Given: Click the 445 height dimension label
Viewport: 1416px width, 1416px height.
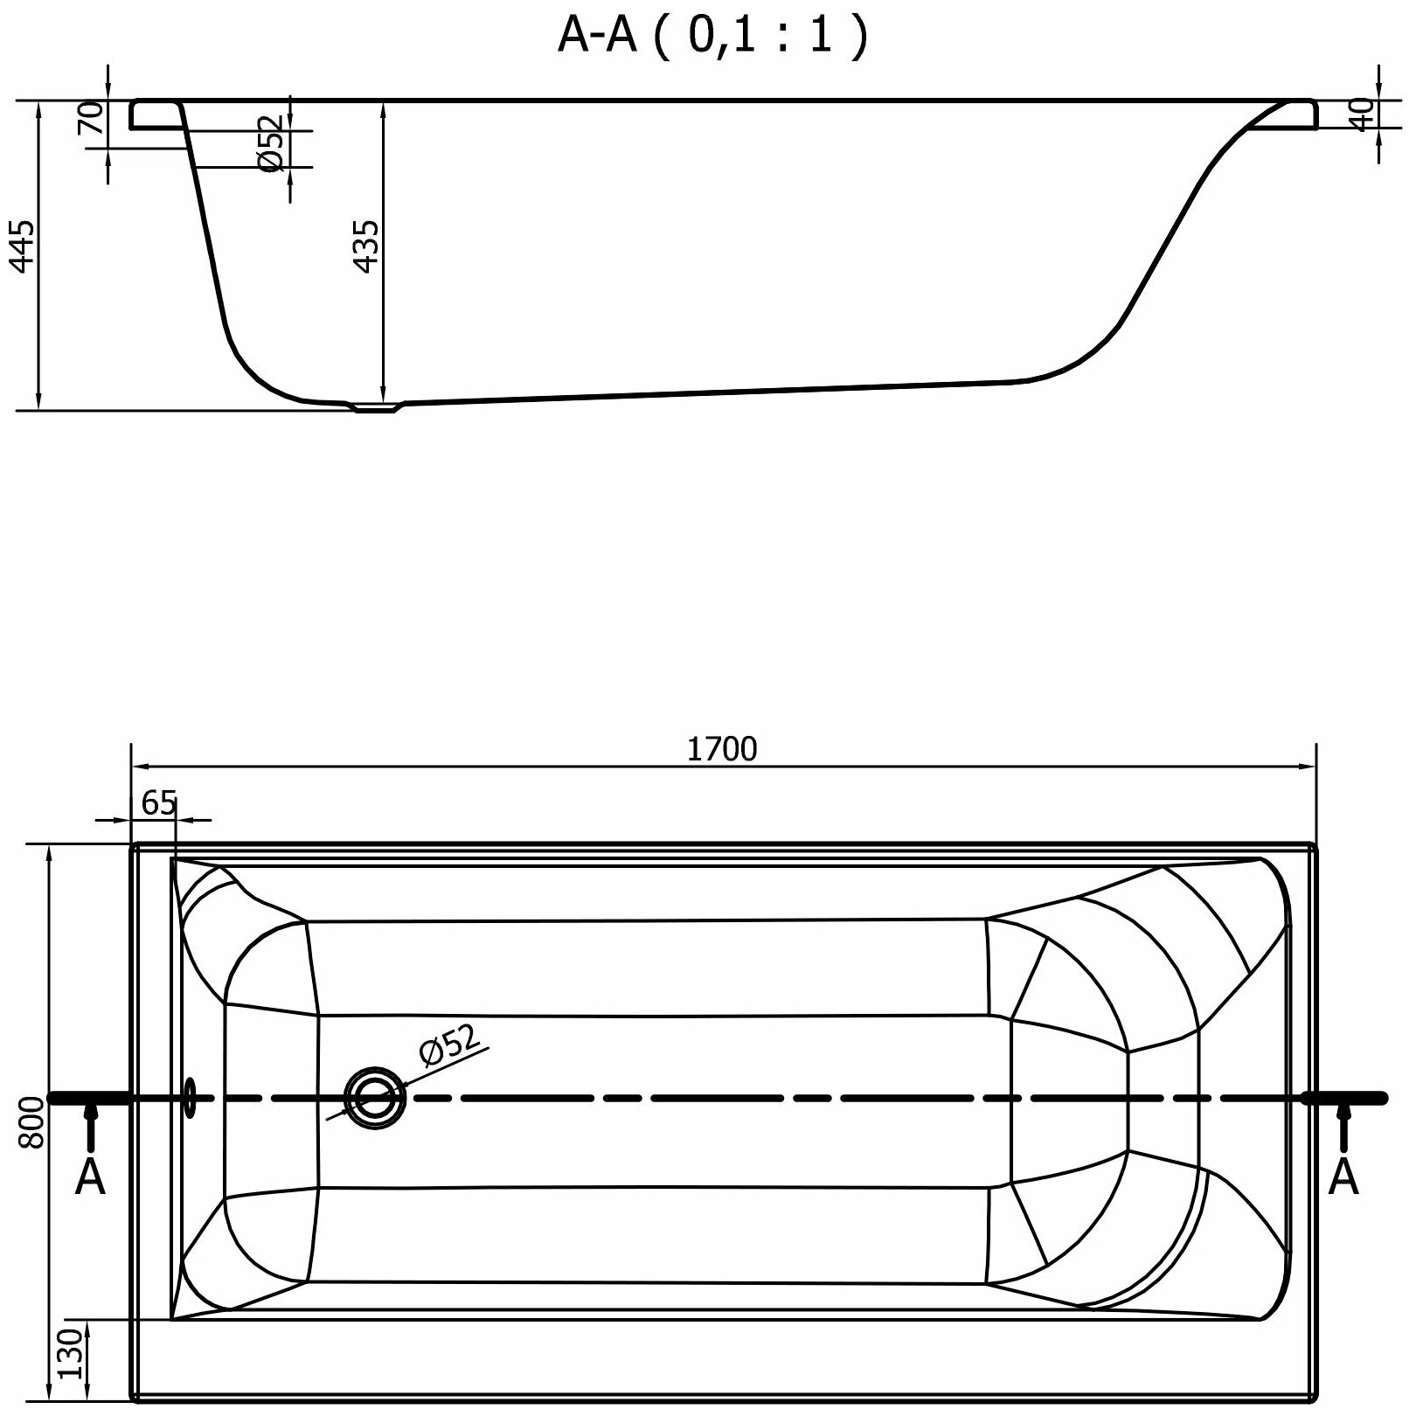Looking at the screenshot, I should point(24,246).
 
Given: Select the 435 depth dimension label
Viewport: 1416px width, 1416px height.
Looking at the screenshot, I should point(367,246).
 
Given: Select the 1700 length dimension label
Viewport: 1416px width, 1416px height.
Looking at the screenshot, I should point(722,750).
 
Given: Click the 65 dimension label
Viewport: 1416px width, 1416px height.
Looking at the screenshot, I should point(158,803).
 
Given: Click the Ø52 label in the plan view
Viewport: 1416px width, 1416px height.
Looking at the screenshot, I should point(449,1045).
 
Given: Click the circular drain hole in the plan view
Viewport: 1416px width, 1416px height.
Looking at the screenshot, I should point(376,1099).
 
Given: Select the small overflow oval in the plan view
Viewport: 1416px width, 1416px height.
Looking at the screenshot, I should point(189,1098).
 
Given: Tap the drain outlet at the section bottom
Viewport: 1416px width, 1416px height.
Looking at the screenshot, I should point(376,406).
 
